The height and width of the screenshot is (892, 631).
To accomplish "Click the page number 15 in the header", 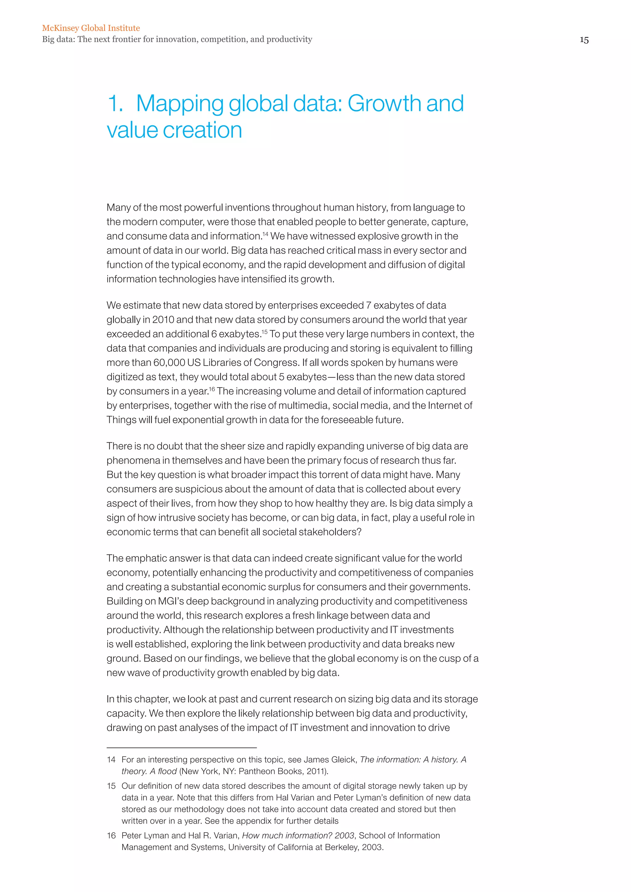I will pyautogui.click(x=584, y=40).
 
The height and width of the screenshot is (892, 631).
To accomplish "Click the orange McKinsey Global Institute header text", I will pyautogui.click(x=91, y=28).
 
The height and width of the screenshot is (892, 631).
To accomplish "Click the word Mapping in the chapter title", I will pyautogui.click(x=180, y=104).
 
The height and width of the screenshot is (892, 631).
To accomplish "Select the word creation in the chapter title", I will pyautogui.click(x=202, y=130).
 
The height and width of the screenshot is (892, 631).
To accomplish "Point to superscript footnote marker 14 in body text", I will pyautogui.click(x=265, y=234).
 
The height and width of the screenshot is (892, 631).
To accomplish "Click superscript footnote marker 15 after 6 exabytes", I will pyautogui.click(x=265, y=332).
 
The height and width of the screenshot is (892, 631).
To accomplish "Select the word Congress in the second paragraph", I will pyautogui.click(x=276, y=363).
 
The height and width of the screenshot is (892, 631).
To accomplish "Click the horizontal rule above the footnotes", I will pyautogui.click(x=181, y=748).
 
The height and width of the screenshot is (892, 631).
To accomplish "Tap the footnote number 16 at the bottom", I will pyautogui.click(x=111, y=836).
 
